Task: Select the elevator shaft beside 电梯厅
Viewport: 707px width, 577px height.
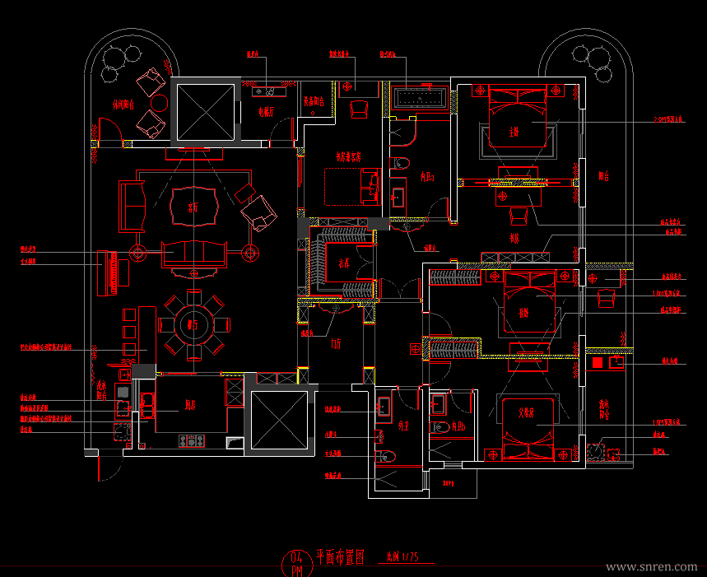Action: coord(202,110)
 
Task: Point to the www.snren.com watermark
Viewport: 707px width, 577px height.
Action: coord(650,567)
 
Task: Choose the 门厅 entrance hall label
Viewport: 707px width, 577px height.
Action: coord(337,343)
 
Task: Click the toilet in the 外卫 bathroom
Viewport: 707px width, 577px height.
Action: coord(387,455)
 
